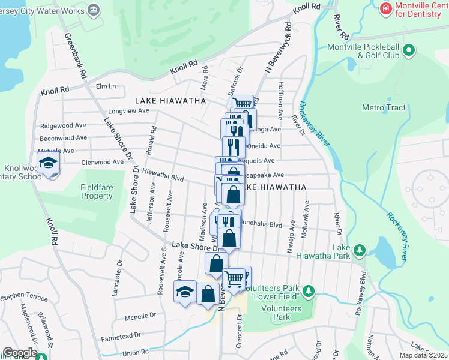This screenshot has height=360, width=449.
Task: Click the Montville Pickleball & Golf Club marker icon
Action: pos(409,50)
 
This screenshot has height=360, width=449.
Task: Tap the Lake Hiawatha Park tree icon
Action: pos(359,249)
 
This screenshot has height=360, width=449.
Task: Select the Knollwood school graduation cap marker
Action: pos(47,163)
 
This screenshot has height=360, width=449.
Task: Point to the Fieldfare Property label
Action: pos(97,191)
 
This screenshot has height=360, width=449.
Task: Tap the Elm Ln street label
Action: pos(105,87)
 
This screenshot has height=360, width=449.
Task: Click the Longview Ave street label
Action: pos(128,111)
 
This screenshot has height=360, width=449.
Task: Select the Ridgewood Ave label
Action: pos(63,126)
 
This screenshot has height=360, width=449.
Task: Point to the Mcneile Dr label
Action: pos(140,314)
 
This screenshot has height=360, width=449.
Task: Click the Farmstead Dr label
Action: pos(121,335)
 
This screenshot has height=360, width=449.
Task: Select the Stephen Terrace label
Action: pos(23,296)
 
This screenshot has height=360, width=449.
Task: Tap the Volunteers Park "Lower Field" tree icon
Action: pos(309,291)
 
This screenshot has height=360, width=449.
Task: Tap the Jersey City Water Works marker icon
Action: pos(94,10)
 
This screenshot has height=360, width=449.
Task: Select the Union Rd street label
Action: pos(135,352)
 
